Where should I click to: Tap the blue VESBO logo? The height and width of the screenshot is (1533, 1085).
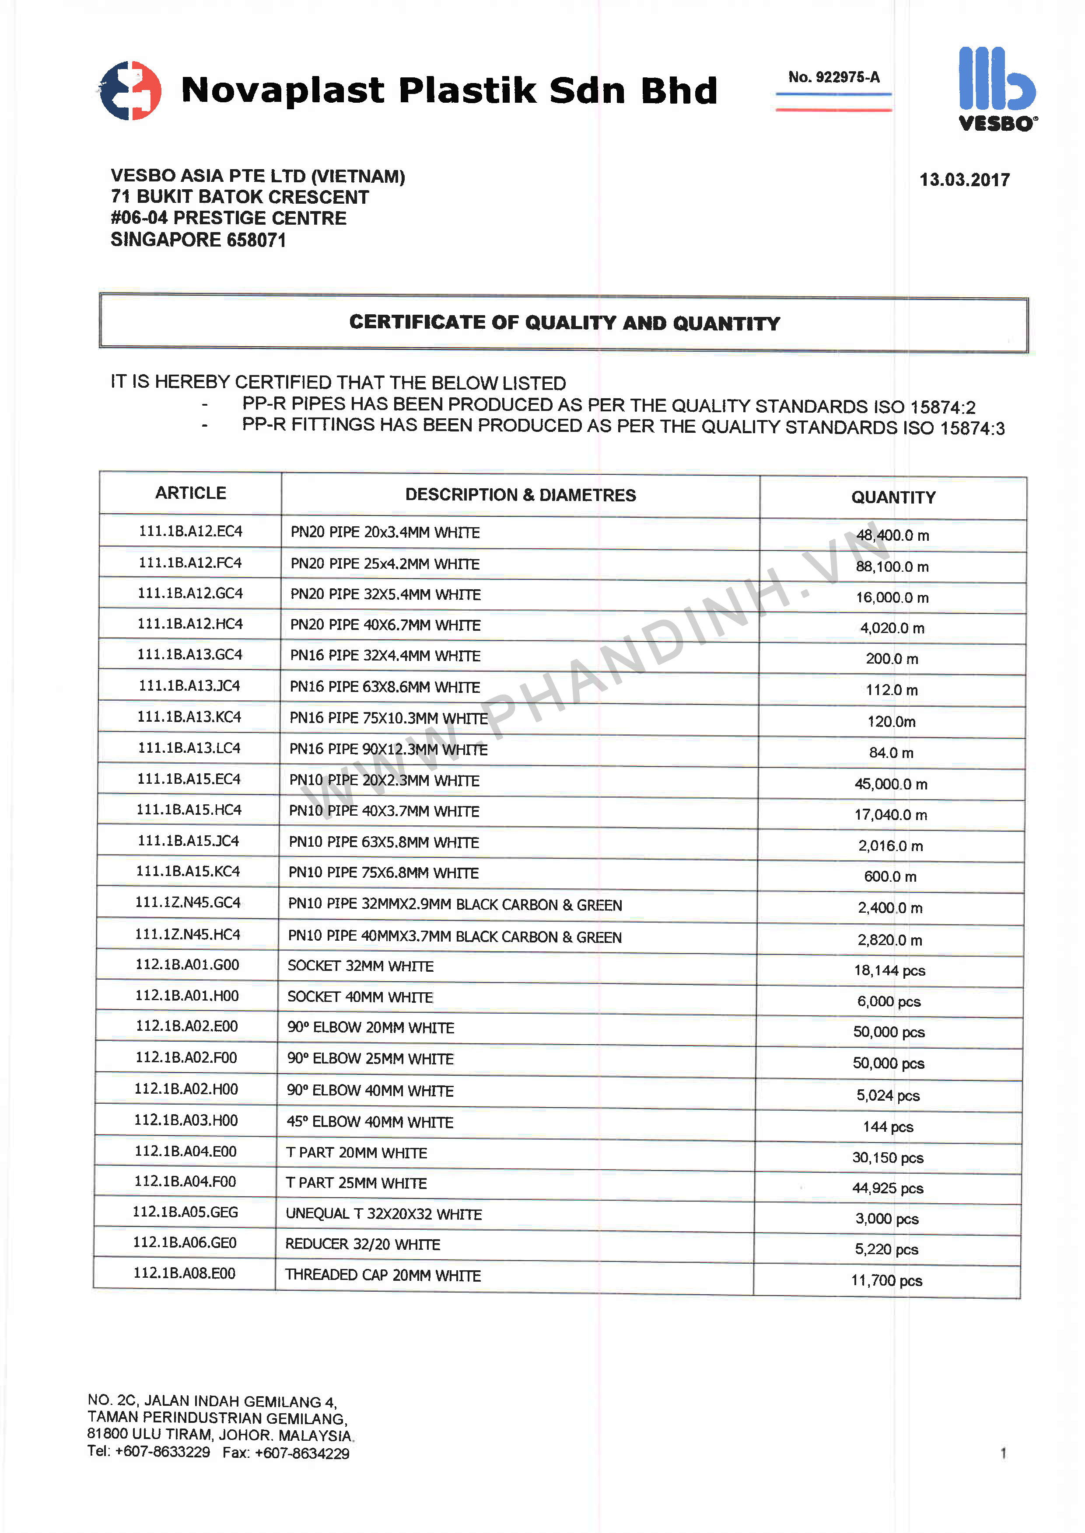997,87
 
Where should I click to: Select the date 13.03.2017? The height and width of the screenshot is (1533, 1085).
964,180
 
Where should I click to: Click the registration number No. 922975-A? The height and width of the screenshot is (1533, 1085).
834,77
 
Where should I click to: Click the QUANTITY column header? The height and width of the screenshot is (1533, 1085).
893,497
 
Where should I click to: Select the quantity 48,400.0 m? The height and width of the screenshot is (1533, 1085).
892,535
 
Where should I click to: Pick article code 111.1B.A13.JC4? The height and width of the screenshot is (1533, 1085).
189,686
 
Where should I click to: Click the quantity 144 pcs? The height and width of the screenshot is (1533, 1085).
888,1127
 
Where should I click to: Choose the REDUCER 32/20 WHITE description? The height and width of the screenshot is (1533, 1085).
363,1244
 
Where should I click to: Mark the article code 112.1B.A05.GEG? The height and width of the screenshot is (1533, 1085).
185,1212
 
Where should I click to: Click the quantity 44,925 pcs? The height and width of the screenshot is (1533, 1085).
887,1189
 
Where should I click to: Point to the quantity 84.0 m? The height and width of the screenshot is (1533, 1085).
891,752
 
